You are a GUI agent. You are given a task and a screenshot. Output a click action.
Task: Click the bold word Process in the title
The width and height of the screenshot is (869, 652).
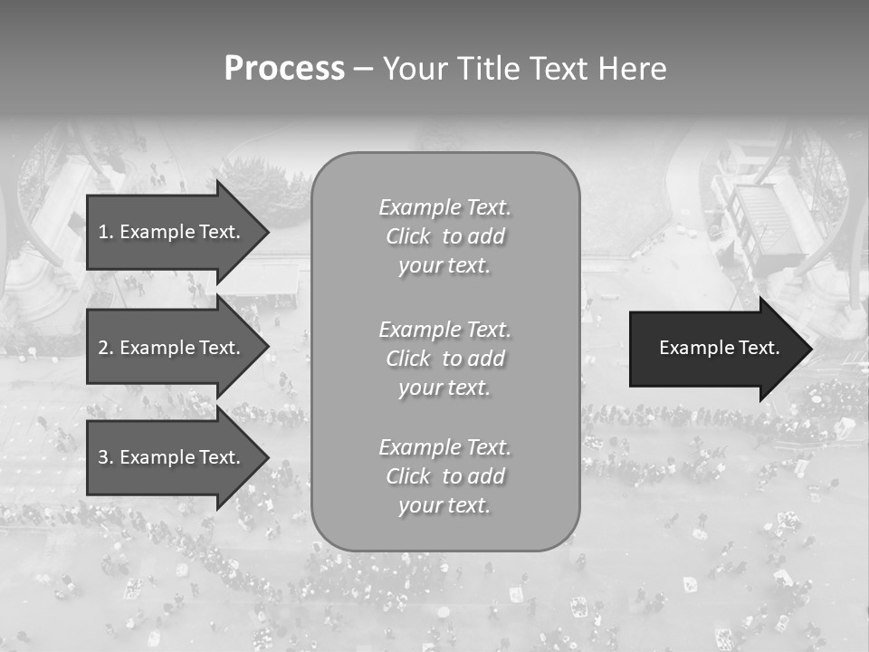284,69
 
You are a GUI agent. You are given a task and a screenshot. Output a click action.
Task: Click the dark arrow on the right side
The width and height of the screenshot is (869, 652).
720,349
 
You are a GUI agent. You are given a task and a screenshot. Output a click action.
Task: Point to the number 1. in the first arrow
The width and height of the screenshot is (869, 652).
106,232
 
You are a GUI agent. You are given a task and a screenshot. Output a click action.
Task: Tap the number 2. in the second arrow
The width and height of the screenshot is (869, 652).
106,348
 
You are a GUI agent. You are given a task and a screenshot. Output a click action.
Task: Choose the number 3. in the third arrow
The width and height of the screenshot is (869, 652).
106,457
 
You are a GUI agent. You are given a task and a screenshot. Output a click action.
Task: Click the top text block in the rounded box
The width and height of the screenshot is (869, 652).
445,236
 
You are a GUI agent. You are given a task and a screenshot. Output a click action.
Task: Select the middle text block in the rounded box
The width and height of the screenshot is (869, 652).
445,359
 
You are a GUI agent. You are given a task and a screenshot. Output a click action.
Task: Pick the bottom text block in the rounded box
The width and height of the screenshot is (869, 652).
445,476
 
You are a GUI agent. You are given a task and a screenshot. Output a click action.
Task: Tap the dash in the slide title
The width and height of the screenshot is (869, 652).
363,70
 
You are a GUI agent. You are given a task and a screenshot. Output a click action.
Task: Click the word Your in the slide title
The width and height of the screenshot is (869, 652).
414,69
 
